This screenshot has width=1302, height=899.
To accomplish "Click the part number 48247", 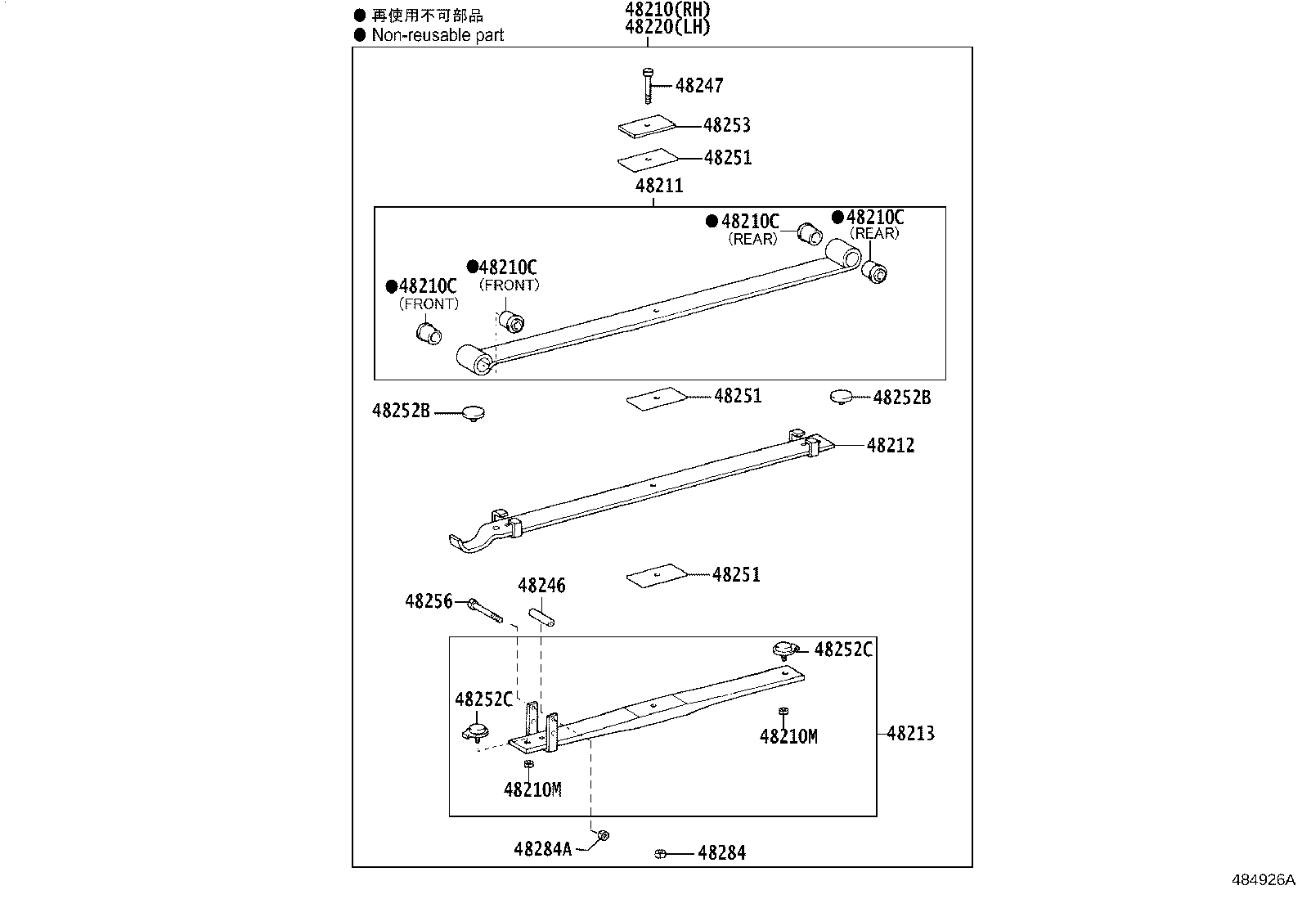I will point(699,85).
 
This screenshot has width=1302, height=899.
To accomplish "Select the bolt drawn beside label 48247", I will point(648,85).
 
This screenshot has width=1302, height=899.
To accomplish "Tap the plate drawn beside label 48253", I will point(647,126).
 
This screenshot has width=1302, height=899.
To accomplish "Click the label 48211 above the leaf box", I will point(659,187).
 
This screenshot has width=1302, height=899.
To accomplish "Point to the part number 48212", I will point(891,446).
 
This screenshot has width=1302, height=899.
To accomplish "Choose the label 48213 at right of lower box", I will point(910,734).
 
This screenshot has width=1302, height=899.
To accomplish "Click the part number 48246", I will point(541,586).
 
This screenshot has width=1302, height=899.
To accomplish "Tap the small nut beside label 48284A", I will point(603,835).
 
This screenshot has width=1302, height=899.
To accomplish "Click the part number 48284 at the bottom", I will point(721,853).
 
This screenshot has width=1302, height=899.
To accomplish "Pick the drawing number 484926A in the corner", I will point(1264,880).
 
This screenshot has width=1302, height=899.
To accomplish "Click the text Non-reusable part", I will point(438,35).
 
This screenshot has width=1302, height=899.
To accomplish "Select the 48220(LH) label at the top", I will point(667,26).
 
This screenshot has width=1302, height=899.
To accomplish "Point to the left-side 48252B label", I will point(401,411).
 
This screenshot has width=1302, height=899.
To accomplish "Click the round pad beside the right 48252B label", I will point(842,397).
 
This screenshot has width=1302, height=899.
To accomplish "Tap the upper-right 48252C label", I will point(844,650).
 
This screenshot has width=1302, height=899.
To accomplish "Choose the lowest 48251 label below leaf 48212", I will point(736,575).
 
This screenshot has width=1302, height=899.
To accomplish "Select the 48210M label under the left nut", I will point(532,790).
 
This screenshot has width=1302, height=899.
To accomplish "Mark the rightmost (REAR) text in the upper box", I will point(874,234).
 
